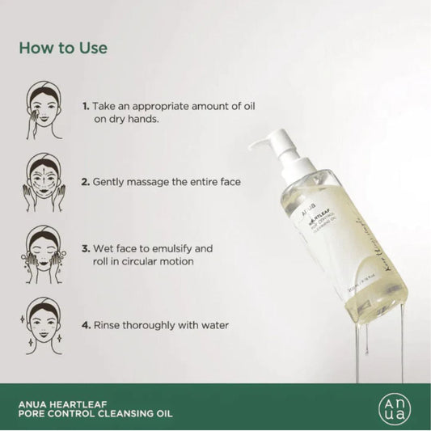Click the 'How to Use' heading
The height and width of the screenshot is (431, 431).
pyautogui.click(x=64, y=48)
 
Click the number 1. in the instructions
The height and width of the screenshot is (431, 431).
pyautogui.click(x=86, y=106)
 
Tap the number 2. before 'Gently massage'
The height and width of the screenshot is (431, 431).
pyautogui.click(x=86, y=183)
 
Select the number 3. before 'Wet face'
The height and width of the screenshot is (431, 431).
pyautogui.click(x=86, y=249)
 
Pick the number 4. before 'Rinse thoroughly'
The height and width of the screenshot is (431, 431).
pyautogui.click(x=86, y=326)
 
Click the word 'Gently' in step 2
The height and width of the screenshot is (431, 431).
pyautogui.click(x=112, y=183)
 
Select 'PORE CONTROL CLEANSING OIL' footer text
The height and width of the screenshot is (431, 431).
pyautogui.click(x=88, y=408)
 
